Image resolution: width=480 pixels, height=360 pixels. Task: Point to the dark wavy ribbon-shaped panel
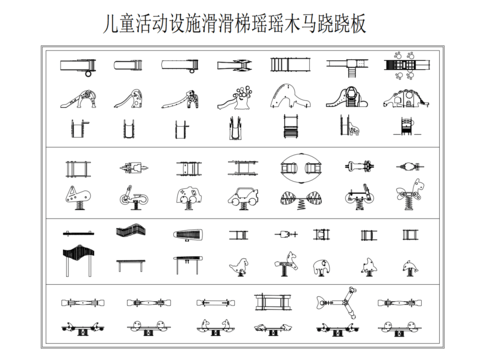tap(128, 236)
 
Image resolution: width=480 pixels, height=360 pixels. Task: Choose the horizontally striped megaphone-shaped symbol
tap(187, 236)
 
